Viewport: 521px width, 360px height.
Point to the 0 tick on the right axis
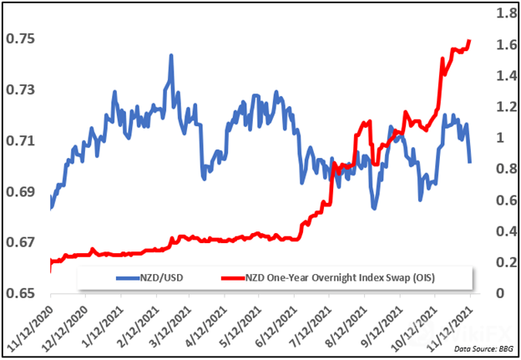498,293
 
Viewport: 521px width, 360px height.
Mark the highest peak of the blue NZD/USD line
170,56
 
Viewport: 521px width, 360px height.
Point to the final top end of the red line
470,39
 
